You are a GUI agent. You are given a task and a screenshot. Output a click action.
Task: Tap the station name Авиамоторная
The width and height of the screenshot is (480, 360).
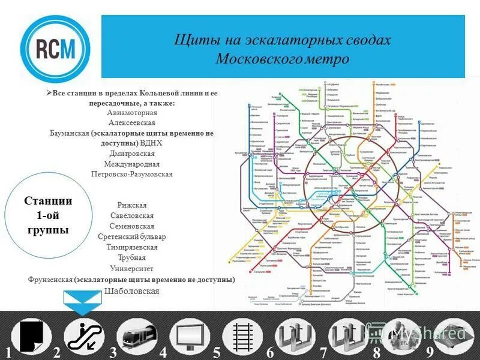[132, 112]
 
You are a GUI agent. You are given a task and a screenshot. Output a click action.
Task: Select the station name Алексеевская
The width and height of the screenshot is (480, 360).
[132, 123]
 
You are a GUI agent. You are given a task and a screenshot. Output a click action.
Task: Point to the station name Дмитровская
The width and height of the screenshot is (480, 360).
[132, 154]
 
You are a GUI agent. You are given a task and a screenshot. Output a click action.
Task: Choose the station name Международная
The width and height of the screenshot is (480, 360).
[132, 164]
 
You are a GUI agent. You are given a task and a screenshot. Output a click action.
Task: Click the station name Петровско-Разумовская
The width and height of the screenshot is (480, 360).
[132, 174]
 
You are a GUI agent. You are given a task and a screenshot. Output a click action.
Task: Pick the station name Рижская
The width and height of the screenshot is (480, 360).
[132, 205]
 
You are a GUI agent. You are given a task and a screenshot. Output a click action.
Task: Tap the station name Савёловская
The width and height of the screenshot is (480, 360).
[132, 215]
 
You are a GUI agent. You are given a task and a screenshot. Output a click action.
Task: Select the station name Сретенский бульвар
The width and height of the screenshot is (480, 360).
[132, 236]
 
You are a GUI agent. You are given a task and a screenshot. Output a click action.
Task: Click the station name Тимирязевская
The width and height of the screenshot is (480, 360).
[132, 247]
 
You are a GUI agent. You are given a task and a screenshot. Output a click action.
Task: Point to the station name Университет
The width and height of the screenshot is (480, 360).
[132, 268]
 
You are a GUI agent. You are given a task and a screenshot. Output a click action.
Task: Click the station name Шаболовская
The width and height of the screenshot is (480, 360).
[132, 290]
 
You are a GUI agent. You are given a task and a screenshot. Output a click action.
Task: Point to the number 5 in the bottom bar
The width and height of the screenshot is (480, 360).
[217, 353]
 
